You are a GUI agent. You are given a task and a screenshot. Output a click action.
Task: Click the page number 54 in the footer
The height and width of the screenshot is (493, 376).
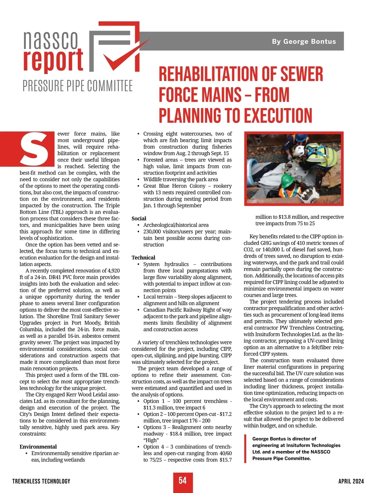click(x=183, y=480)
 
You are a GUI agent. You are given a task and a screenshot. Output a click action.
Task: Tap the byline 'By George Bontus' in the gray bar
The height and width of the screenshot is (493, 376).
click(x=304, y=41)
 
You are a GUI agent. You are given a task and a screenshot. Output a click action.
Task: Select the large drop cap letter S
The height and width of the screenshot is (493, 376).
click(x=34, y=150)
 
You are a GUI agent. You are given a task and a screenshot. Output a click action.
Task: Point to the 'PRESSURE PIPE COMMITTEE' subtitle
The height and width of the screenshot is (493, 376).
click(x=78, y=86)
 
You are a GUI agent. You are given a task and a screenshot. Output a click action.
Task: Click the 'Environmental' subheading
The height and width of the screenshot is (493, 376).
click(x=38, y=447)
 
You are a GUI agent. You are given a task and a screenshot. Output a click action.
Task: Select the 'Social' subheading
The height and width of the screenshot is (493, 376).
click(x=139, y=218)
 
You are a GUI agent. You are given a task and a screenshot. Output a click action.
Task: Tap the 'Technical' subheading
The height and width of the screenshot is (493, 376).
click(x=143, y=258)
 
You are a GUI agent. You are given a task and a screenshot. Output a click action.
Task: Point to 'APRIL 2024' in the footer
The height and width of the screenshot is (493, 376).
click(x=351, y=481)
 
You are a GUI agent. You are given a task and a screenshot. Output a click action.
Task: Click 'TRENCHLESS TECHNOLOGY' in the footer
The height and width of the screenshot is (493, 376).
click(x=41, y=481)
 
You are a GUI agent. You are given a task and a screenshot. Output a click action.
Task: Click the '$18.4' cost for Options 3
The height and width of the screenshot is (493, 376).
click(x=178, y=434)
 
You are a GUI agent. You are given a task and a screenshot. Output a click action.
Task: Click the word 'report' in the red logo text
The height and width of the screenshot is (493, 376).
click(x=53, y=60)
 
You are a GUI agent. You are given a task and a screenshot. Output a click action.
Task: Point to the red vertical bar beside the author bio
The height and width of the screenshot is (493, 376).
click(x=245, y=448)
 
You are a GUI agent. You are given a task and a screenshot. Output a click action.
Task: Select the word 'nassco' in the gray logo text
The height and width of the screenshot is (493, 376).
click(x=50, y=40)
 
